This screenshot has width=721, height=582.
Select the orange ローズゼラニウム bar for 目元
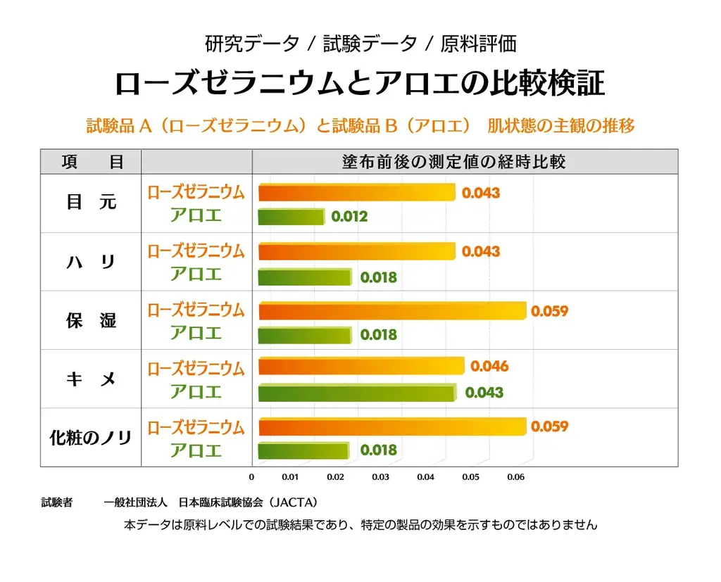coord(357,192)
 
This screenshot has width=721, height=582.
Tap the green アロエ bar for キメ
coord(356,393)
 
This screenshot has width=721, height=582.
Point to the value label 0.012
coord(349,217)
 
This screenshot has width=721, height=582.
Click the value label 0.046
coord(489,367)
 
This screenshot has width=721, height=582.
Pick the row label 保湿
coord(91,321)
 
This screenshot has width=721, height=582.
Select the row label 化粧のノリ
coord(91,438)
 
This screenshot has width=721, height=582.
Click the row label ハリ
coord(91,262)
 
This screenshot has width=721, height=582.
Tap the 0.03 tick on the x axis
coord(380,477)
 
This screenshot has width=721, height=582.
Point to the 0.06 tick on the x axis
coord(515,477)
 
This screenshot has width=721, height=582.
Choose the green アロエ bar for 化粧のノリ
coord(303,450)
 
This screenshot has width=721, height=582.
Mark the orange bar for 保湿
coord(392,310)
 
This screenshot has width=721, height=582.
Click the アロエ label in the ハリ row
coord(196,274)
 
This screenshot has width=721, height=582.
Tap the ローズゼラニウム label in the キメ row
coord(196,368)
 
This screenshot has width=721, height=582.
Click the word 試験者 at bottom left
coord(56,502)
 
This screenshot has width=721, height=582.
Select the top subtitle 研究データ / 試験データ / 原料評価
coord(360,44)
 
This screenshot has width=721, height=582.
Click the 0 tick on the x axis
coord(251,477)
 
